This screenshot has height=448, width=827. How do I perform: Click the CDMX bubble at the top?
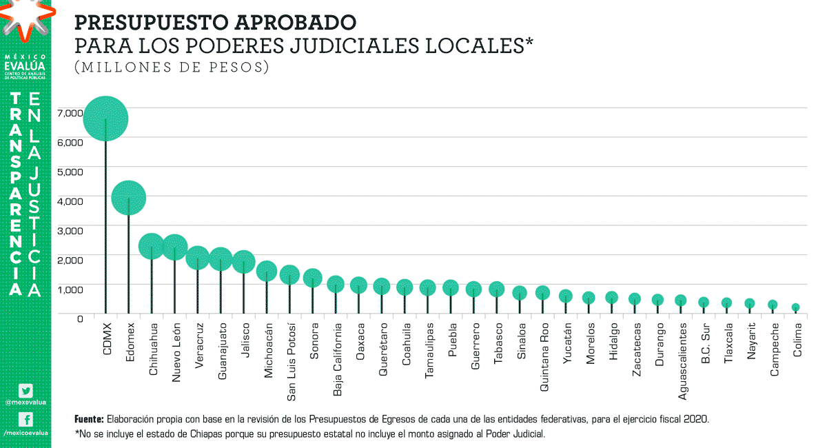pos(105,119)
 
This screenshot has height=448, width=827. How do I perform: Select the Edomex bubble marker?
pos(128,198)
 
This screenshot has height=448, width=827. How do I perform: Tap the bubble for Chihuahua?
pos(152,246)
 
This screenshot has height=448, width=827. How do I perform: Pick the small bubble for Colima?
pos(795,307)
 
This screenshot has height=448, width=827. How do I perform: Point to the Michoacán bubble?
pos(267,271)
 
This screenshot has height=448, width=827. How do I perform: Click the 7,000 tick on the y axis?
pos(70,113)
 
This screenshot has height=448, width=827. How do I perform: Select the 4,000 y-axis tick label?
pos(70,201)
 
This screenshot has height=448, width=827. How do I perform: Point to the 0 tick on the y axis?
pos(80,318)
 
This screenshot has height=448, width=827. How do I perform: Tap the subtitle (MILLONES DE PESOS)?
pos(172,68)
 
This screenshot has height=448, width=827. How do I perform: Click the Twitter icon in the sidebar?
pos(25,390)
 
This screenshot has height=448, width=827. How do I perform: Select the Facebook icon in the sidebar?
pos(25,419)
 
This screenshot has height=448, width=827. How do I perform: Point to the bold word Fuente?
pos(89,419)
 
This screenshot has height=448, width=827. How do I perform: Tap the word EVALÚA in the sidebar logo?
pos(25,65)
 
